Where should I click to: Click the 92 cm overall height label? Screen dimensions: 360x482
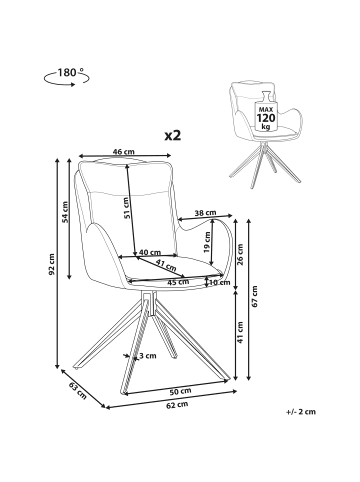[x=51, y=265]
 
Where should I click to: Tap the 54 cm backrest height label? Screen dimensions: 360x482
[x=65, y=212]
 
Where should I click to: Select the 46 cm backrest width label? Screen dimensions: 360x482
[x=124, y=152]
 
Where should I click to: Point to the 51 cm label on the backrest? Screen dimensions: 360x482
[x=125, y=208]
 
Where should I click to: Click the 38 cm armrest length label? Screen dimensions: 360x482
[x=205, y=212]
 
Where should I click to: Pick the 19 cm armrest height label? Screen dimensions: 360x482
[x=208, y=242]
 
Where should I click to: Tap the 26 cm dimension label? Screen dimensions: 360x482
[x=240, y=254]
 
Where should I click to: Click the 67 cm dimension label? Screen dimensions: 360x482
[x=255, y=296]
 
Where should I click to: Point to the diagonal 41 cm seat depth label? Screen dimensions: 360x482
[x=166, y=265]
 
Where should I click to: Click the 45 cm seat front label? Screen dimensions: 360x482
[x=178, y=282]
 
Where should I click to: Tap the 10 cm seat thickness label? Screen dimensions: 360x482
[x=220, y=283]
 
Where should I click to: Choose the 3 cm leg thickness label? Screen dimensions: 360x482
[x=148, y=356]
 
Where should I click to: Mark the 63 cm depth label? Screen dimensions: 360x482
[x=78, y=391]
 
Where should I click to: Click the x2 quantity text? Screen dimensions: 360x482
[x=173, y=135]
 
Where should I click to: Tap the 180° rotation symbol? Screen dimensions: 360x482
[x=66, y=77]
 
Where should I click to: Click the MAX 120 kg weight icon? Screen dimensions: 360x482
[x=266, y=111]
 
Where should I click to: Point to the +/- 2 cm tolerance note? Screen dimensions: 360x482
[x=301, y=412]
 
